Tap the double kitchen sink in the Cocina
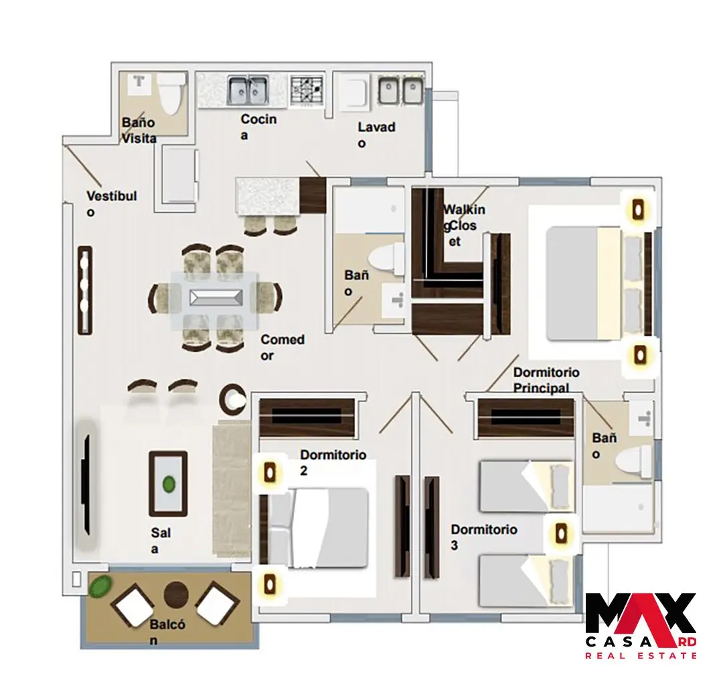(248, 90)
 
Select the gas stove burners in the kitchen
(306, 90)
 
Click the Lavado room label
(376, 135)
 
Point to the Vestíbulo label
(112, 204)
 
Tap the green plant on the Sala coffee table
(169, 484)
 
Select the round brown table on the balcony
(176, 594)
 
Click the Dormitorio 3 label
(484, 537)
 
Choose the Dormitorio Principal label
(546, 380)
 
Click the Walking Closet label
(463, 225)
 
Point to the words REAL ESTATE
(641, 655)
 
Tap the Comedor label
(283, 348)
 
